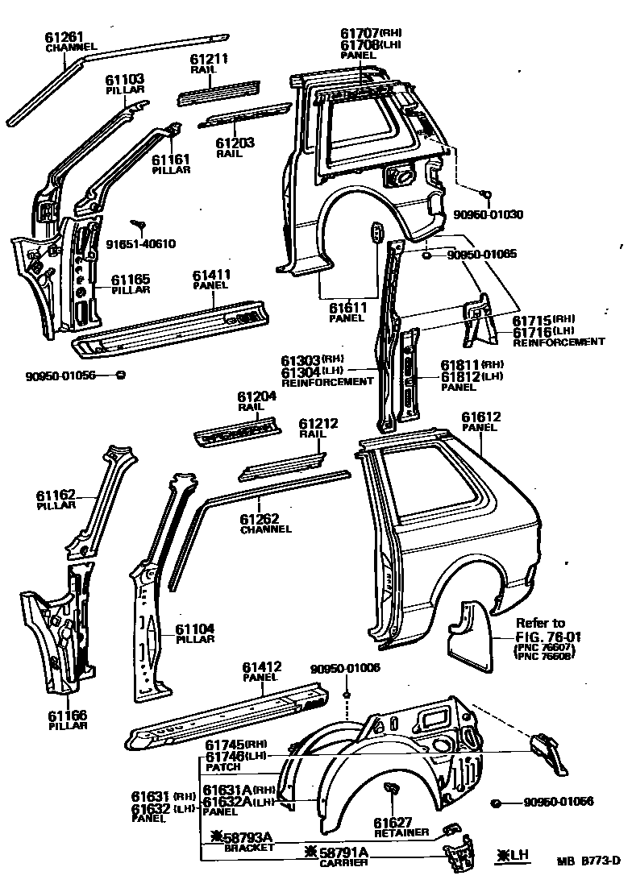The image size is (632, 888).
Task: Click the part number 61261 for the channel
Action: pyautogui.click(x=65, y=38)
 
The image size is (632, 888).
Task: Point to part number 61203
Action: pyautogui.click(x=235, y=143)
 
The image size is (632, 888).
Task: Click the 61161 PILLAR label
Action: pyautogui.click(x=171, y=164)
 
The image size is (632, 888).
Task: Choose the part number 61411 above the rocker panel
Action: pyautogui.click(x=212, y=276)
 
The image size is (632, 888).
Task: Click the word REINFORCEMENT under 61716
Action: pyautogui.click(x=559, y=342)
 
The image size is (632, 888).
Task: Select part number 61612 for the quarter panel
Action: pyautogui.click(x=481, y=417)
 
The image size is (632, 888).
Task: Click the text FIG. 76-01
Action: pyautogui.click(x=547, y=637)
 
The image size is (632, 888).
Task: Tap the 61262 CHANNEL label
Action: pyautogui.click(x=265, y=524)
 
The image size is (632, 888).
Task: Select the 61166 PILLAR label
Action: pyautogui.click(x=67, y=719)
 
